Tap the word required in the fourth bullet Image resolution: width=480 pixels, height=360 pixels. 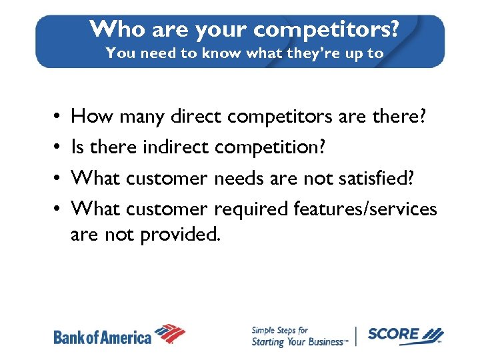pos(251,209)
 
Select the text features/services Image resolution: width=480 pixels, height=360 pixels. pos(365,209)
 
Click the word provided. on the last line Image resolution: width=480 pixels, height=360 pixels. pos(179,235)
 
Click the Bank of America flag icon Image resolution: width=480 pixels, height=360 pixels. pos(170,333)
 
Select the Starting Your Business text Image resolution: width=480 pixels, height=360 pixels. pos(298,342)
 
